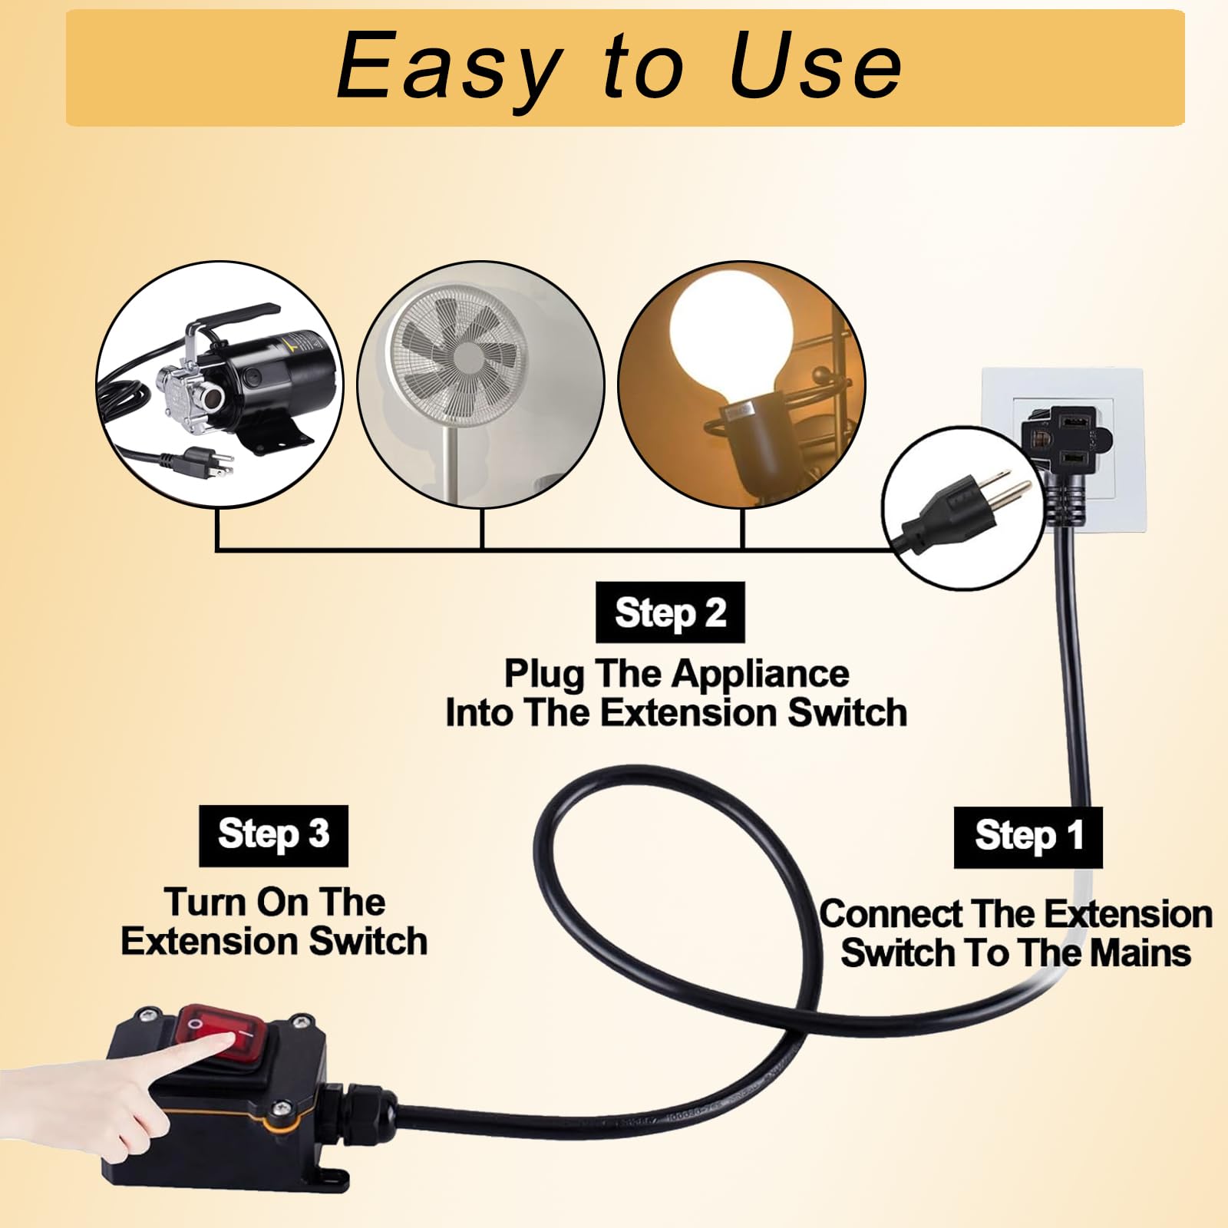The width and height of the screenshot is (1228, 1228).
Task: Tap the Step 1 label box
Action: (1028, 837)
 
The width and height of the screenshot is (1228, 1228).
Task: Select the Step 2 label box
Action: (670, 612)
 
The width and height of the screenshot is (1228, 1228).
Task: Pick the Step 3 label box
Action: (273, 835)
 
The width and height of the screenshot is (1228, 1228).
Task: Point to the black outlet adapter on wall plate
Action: (1067, 441)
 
